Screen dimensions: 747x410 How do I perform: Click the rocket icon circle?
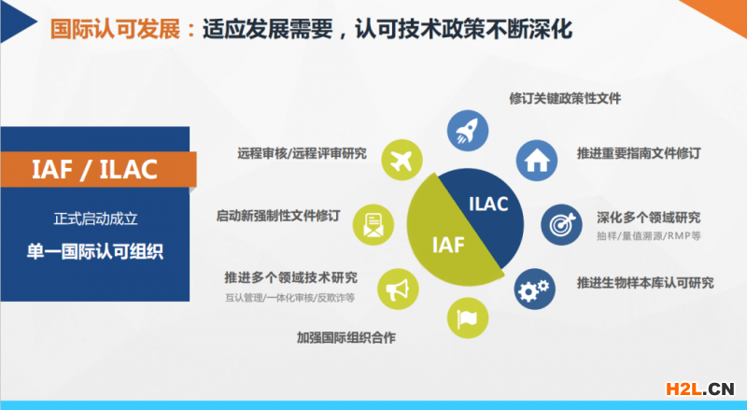[x=468, y=131]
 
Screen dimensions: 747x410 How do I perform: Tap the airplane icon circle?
[x=402, y=161]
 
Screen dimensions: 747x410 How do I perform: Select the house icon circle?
[x=536, y=161]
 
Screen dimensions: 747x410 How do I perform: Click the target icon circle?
[x=561, y=225]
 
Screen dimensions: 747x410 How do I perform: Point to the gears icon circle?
[x=534, y=289]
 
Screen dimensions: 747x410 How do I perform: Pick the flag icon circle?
[x=468, y=318]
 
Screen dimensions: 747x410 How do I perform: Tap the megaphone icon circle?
[x=398, y=289]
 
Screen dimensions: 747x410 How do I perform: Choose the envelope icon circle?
[x=373, y=225]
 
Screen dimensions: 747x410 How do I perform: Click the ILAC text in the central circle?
[x=488, y=204]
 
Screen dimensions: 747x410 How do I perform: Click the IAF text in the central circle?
[x=448, y=245]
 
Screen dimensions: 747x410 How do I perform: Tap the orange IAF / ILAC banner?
[x=99, y=169]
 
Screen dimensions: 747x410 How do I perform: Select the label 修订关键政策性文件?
[x=565, y=99]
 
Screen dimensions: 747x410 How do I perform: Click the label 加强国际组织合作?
[x=346, y=337]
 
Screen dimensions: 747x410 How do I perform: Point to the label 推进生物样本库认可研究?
[x=645, y=283]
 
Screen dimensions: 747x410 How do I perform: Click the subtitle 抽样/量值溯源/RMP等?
[x=649, y=235]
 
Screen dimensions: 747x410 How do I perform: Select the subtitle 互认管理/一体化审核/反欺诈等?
[x=290, y=298]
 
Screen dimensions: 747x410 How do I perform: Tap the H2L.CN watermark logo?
[x=699, y=389]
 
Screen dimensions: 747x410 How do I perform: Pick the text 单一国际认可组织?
[x=95, y=251]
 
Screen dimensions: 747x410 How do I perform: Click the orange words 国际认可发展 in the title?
[x=116, y=29]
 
